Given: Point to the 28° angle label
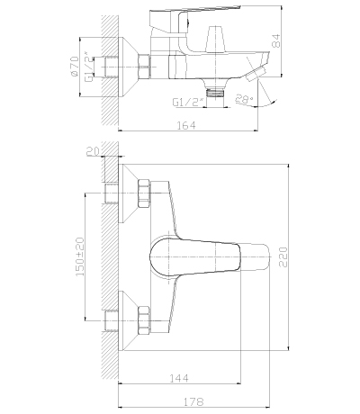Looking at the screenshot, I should (244, 101).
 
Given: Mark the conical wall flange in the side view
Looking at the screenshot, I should (130, 66).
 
